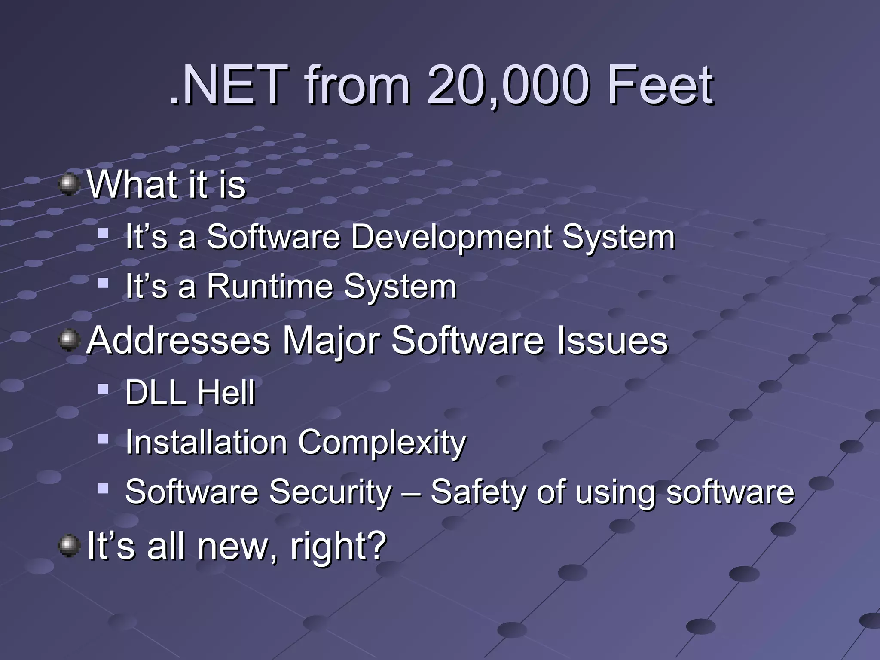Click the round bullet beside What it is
[x=69, y=184]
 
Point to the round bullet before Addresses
[x=69, y=341]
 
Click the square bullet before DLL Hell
[x=103, y=389]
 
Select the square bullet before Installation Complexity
[x=103, y=439]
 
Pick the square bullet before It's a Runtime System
[x=103, y=283]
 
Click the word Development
[x=451, y=237]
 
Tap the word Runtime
[x=270, y=287]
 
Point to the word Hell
[x=226, y=393]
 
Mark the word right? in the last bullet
[x=339, y=547]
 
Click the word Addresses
[x=178, y=341]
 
